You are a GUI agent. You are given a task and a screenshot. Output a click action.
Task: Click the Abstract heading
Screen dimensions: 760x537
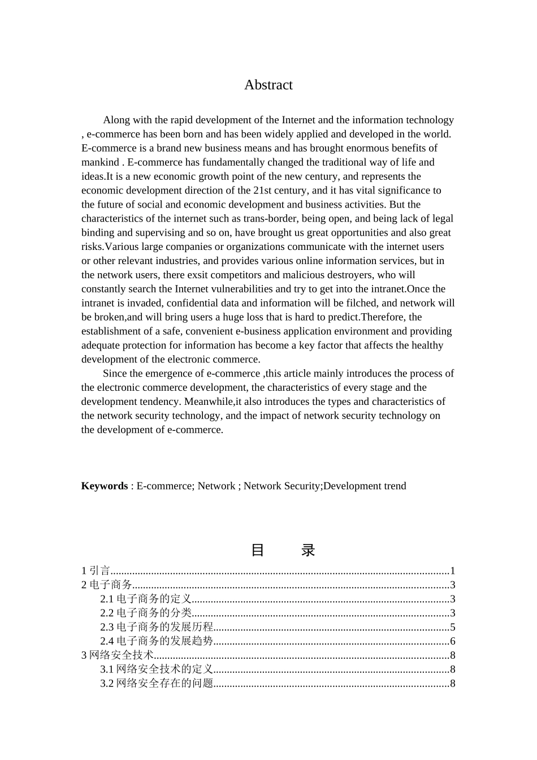268,85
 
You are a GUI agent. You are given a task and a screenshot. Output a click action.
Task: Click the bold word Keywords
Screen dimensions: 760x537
105,486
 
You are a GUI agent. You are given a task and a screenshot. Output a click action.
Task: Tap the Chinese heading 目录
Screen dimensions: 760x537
282,550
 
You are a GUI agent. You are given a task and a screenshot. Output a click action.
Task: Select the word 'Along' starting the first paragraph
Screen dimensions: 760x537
115,120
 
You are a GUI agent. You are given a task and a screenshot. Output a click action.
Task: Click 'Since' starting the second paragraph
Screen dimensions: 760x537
115,373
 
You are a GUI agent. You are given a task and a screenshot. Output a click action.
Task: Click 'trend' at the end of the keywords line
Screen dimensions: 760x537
395,486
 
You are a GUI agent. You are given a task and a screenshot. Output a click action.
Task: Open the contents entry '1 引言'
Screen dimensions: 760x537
96,571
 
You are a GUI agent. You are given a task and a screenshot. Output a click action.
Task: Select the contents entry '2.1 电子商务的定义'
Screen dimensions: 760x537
146,599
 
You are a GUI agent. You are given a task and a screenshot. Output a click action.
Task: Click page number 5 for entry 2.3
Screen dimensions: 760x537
453,627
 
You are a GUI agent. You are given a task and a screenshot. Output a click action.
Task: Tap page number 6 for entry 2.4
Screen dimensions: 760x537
453,641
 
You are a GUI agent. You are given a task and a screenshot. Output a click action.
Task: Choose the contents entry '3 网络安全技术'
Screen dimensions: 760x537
118,655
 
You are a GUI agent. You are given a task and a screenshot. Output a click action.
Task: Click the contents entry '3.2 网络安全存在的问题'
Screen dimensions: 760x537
157,684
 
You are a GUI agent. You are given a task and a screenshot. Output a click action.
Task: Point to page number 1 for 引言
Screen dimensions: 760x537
453,571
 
